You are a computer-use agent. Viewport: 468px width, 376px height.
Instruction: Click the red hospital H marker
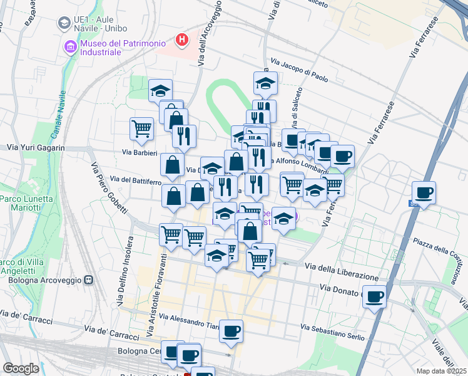click(182, 40)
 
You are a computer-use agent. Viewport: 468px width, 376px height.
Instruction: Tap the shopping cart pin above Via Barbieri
click(142, 128)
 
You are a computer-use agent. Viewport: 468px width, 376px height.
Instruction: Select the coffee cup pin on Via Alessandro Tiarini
click(231, 330)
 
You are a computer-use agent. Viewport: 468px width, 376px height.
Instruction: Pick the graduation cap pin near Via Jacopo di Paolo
click(265, 83)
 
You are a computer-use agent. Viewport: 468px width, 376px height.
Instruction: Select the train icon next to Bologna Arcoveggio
click(89, 279)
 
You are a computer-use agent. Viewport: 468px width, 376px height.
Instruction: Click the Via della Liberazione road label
click(342, 272)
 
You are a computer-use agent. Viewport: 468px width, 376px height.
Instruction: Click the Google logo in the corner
click(21, 368)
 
